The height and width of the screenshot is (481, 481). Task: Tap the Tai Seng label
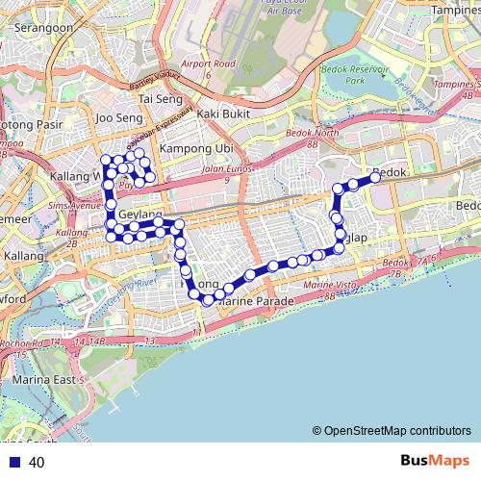(x=160, y=98)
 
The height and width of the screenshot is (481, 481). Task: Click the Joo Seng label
(x=119, y=118)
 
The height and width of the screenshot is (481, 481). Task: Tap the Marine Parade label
(x=255, y=300)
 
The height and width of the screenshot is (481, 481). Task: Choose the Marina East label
(x=43, y=380)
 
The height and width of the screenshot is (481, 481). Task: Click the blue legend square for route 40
(x=12, y=463)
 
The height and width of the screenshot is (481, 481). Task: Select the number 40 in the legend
(x=37, y=463)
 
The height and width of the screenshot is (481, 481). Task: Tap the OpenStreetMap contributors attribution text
(x=392, y=431)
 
